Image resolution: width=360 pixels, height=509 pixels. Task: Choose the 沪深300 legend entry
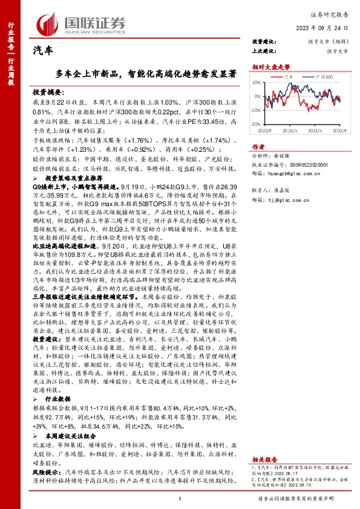322,77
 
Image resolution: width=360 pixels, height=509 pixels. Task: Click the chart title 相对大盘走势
270,66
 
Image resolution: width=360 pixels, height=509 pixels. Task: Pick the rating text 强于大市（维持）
330,42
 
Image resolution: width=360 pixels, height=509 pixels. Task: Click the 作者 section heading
258,147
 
